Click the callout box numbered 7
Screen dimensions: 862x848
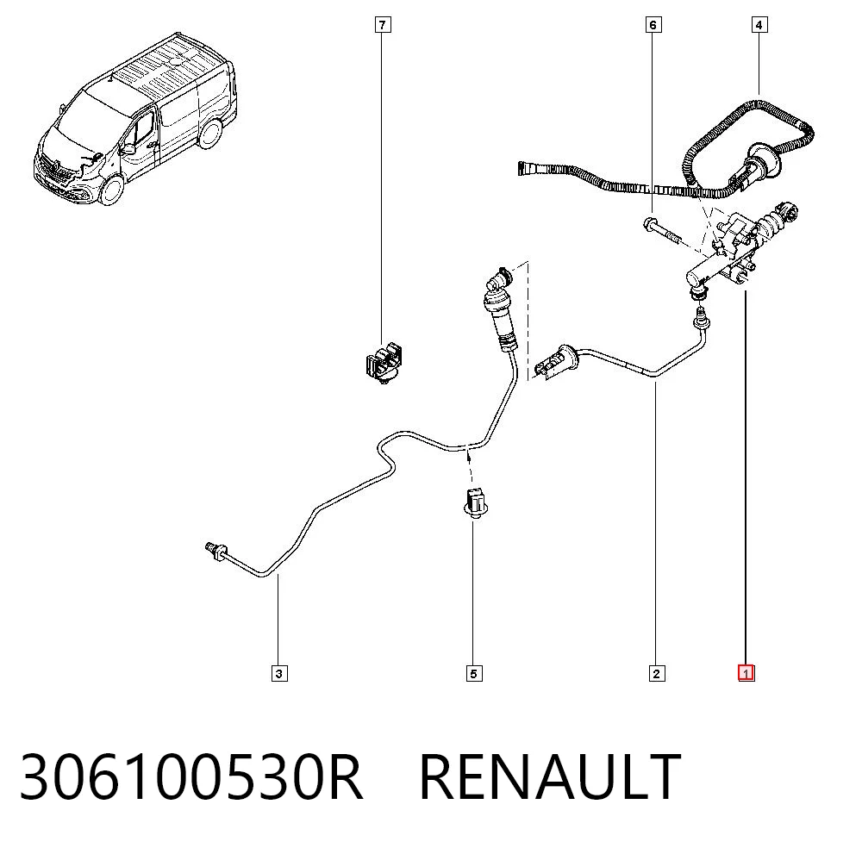coord(383,25)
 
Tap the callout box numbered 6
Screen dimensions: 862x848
coord(653,25)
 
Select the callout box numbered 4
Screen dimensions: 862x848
coord(759,25)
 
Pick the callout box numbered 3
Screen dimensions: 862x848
coord(279,673)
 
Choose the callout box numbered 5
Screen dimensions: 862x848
coord(474,673)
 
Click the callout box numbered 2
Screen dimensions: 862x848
coord(656,673)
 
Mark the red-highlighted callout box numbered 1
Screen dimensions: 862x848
coord(746,673)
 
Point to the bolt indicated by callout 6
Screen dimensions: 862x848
coord(661,230)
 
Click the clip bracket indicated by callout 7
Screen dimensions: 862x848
coord(384,363)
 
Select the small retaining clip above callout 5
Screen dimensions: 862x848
coord(475,502)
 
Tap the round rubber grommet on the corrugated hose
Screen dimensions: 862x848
coord(762,161)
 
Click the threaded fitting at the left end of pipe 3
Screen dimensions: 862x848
coord(215,550)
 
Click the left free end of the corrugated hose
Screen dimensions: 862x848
coord(522,168)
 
